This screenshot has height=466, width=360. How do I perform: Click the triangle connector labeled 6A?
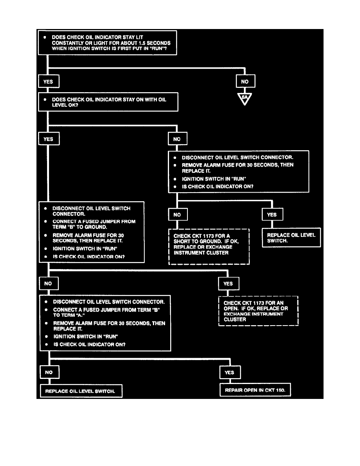point(245,98)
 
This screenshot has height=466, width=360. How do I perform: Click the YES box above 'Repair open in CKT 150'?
point(229,372)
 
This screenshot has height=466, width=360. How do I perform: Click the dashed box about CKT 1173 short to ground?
point(209,247)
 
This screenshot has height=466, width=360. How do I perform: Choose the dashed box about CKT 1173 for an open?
point(258,311)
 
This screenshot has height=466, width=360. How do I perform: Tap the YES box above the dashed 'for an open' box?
point(228,283)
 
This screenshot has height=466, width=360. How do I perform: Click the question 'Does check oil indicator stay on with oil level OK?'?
point(108,102)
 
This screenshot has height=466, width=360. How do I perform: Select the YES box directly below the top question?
point(48,82)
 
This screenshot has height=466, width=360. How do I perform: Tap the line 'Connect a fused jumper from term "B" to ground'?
point(94,224)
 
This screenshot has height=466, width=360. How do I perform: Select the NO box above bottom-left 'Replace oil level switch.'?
point(49,372)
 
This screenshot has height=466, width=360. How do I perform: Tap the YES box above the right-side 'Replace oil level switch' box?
point(272,215)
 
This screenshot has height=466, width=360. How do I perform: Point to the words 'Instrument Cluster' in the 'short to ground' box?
point(201,253)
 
